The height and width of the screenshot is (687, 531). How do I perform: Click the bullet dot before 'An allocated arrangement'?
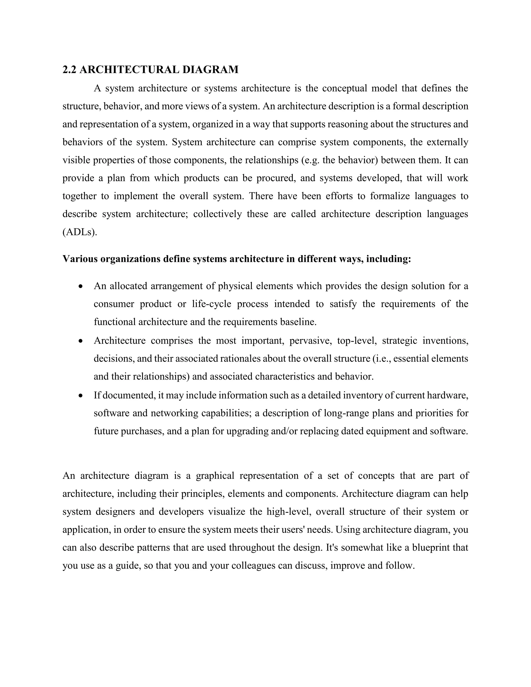pos(81,286)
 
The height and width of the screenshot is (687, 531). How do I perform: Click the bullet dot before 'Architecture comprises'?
pos(81,341)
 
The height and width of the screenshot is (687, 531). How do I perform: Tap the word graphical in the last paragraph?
pos(215,476)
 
